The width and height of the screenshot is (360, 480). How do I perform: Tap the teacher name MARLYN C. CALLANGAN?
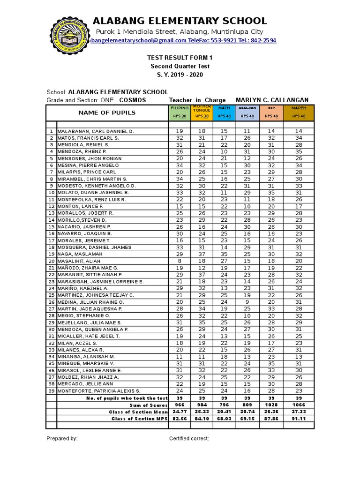272,100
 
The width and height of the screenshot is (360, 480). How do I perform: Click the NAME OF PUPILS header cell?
107,112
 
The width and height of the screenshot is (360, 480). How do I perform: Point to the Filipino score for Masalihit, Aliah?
180,261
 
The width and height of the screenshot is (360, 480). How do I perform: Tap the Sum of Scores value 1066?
299,405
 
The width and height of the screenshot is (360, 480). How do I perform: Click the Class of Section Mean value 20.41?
224,412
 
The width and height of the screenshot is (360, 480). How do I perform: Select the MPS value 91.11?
299,419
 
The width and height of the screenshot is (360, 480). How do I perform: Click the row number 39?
51,391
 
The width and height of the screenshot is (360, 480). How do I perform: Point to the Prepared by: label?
62,438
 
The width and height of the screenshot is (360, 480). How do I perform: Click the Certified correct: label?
189,438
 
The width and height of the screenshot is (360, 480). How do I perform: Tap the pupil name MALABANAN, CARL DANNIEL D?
96,132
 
